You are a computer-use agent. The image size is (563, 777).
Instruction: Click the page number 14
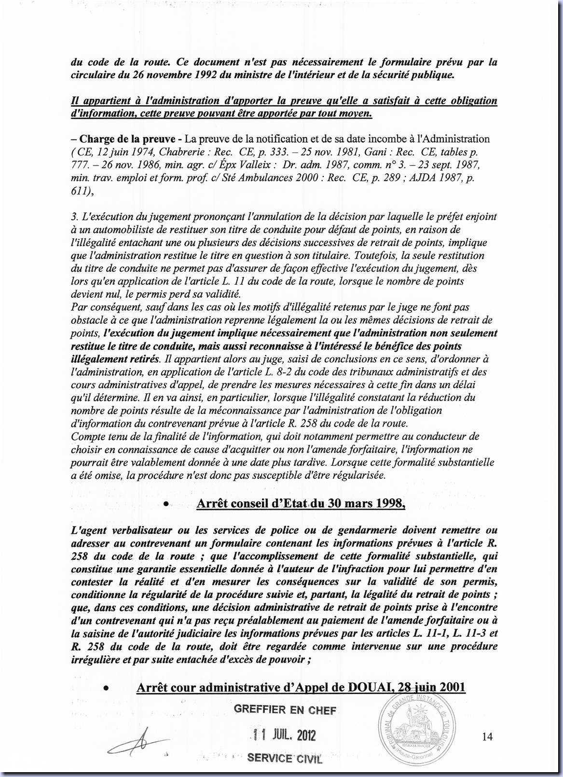[487, 736]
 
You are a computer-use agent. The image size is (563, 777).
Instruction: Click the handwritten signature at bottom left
[137, 744]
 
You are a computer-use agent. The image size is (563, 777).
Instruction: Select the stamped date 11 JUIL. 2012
[284, 735]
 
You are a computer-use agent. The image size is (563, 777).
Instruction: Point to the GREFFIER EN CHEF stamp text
[285, 710]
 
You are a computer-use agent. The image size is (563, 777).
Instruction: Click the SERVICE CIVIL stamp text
[284, 759]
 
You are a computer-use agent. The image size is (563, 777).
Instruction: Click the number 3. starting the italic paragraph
[74, 217]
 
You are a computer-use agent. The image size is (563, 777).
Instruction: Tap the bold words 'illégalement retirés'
[115, 359]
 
